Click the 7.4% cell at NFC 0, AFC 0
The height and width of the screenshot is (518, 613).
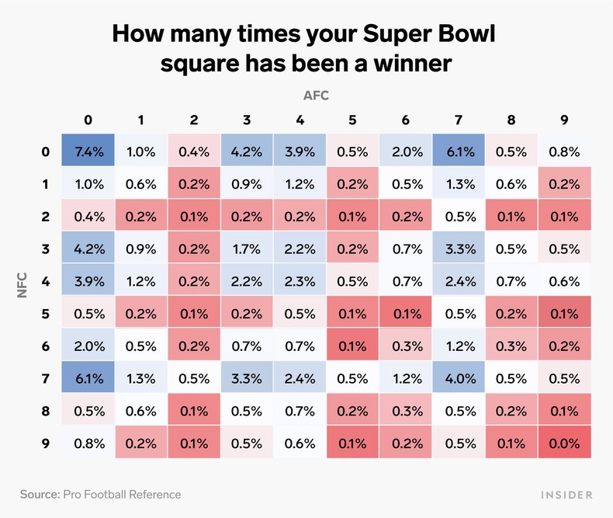[88, 151]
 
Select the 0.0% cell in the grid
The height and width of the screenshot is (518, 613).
[564, 443]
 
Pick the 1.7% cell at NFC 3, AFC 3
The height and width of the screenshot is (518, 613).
[247, 249]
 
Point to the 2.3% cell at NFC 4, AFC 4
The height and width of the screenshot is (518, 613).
[300, 282]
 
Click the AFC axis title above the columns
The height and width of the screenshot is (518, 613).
[316, 96]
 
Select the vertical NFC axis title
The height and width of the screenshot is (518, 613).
[23, 297]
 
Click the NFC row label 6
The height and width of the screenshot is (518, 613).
[46, 346]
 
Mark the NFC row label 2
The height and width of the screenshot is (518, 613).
[46, 217]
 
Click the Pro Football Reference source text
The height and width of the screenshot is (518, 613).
[123, 494]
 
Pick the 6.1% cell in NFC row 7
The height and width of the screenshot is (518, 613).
[88, 379]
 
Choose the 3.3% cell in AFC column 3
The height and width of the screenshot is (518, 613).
[247, 379]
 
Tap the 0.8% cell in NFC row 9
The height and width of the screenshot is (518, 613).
[88, 443]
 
